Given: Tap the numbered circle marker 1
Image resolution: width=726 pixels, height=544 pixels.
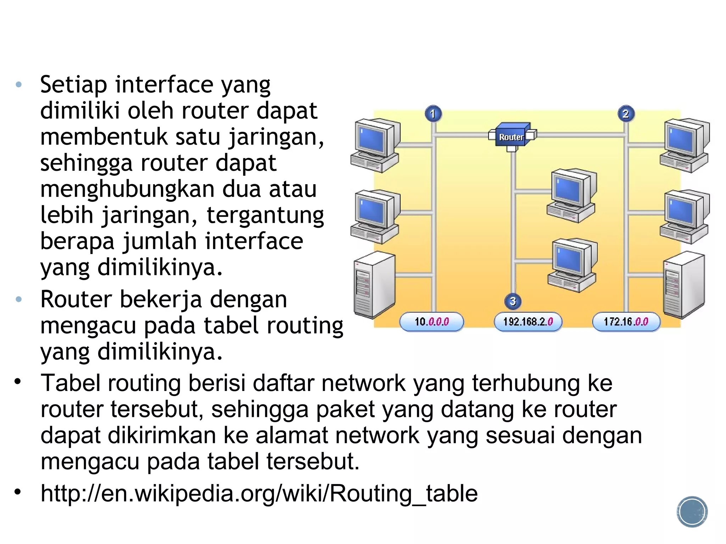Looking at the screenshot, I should point(433,114).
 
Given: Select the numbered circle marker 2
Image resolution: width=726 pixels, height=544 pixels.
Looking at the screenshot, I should point(626,114).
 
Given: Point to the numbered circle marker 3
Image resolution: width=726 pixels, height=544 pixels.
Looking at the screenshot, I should point(513,301).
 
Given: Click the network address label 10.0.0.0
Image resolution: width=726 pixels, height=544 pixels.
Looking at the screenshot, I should point(431,322).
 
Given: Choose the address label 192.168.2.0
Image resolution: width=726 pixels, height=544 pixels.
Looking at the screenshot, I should point(528,322).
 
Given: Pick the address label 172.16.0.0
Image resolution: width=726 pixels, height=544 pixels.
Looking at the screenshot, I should point(626,322).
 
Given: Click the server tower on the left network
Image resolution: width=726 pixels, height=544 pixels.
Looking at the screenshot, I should point(374,285).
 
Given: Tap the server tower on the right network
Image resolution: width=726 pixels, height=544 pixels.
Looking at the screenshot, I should point(683,285).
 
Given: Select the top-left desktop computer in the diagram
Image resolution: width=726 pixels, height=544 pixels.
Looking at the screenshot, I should point(375,145).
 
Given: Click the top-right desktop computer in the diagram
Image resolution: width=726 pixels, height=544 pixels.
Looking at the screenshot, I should point(685,145).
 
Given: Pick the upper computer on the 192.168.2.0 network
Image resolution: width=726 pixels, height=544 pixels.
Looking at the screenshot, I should point(571,195).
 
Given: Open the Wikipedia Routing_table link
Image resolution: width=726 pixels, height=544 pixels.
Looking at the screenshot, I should point(259,493).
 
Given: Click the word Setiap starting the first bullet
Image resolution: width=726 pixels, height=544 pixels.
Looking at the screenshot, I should point(73,85).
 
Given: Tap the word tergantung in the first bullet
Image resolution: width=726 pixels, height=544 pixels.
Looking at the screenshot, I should point(265,215).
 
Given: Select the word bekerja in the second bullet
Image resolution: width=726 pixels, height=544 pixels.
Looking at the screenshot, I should point(161,299).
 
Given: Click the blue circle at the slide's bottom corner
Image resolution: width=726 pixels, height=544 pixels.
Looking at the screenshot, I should point(692,511).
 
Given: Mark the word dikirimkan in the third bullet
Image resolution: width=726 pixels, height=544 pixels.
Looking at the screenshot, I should point(162,435).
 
